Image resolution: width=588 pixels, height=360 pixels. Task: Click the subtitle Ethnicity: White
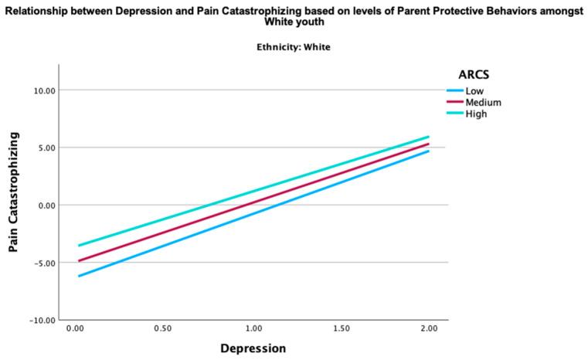294,47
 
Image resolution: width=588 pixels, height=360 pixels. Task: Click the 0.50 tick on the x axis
162,329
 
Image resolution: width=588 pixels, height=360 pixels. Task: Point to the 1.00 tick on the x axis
252,329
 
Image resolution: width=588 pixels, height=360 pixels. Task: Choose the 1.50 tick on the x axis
341,329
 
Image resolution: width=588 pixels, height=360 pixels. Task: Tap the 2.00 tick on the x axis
429,329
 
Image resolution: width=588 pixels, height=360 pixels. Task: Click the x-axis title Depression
253,348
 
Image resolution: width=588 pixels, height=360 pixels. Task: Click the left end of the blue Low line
79,276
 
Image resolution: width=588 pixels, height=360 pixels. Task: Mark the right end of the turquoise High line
428,137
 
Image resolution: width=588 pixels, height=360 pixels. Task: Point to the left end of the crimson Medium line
79,260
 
